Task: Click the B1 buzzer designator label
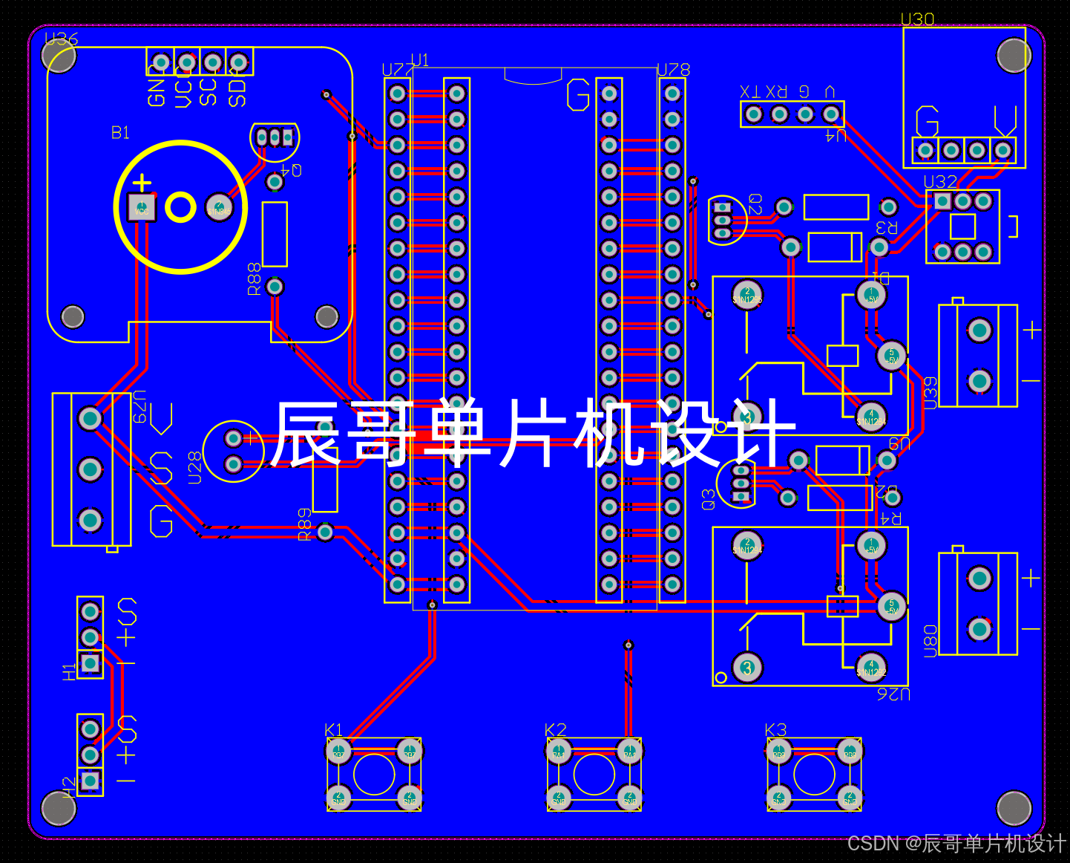[120, 133]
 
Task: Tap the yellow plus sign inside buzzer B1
[142, 182]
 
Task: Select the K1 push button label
[334, 729]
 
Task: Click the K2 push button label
[555, 729]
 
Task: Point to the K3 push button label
[775, 729]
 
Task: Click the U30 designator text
[917, 19]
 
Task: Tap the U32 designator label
[940, 182]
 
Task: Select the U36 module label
[61, 39]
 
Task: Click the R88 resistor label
[255, 279]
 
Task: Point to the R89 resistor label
[304, 524]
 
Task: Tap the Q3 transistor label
[709, 499]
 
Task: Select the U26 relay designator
[893, 694]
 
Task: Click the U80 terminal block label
[930, 640]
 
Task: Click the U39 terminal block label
[930, 393]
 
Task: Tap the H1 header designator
[69, 671]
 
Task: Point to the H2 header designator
[69, 786]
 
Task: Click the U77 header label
[398, 70]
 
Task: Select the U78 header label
[674, 70]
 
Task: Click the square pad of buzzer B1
[141, 207]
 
